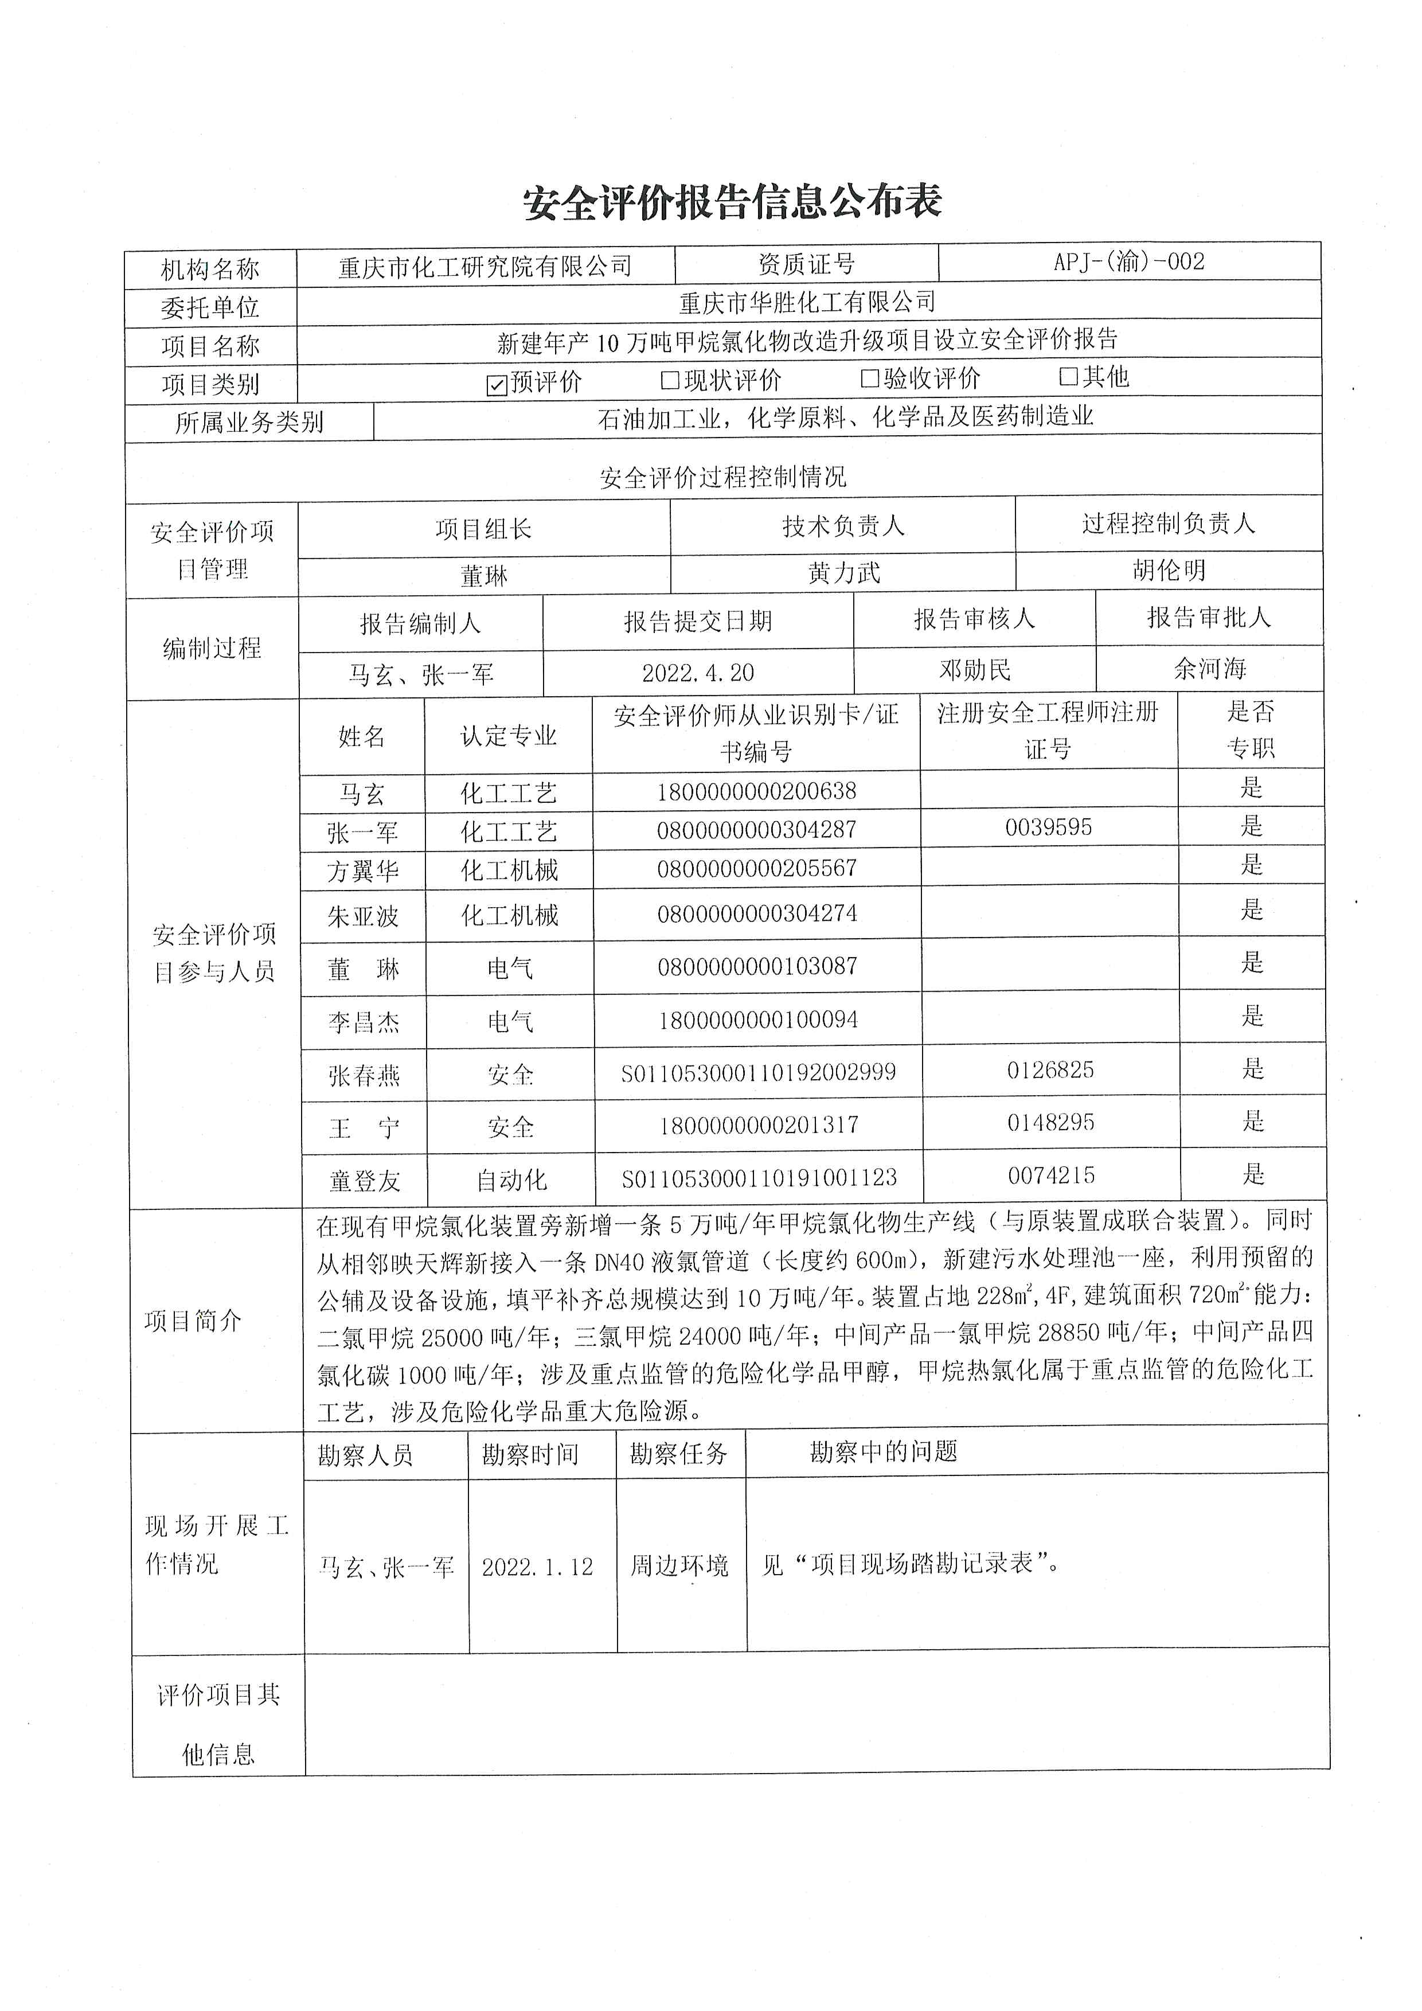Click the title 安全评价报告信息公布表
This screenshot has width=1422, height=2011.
[732, 202]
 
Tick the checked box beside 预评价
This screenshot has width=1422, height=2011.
[497, 385]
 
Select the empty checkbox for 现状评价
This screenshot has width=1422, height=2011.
[670, 380]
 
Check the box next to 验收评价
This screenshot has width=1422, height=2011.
[869, 378]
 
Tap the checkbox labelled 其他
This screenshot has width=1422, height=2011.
[1068, 377]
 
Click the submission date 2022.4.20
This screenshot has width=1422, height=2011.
[698, 673]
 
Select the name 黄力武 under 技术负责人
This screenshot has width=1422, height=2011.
[843, 573]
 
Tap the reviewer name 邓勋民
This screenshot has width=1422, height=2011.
[975, 670]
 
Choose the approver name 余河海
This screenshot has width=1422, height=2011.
[1209, 668]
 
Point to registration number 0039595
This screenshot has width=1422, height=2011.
[1048, 827]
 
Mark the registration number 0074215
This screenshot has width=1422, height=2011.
[1051, 1176]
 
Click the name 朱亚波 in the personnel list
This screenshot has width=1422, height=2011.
[364, 916]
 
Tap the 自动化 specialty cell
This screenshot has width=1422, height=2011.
[511, 1180]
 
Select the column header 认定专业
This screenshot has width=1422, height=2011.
[509, 736]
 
